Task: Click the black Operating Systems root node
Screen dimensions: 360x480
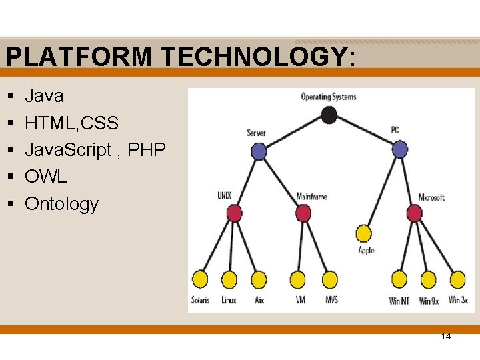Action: coord(329,115)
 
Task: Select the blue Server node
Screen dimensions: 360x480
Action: coord(259,151)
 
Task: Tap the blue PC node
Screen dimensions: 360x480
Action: coord(399,149)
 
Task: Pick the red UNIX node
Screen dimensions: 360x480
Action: coord(234,213)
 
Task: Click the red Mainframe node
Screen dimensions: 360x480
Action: coord(303,213)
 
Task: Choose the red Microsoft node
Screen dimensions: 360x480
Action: coord(414,213)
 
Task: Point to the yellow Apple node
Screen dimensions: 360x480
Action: coord(364,233)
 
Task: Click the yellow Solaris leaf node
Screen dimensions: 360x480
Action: coord(200,279)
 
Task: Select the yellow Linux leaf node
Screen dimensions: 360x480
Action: coord(229,279)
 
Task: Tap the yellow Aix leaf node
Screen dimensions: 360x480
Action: coord(259,279)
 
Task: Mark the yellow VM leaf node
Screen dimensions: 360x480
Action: coord(298,279)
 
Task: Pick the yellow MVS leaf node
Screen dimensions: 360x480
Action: coord(330,279)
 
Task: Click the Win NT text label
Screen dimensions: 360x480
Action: coord(399,301)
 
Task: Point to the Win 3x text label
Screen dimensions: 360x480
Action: coord(458,300)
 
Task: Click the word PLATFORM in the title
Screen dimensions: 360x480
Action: coord(79,57)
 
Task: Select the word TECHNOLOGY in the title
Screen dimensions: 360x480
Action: coord(253,57)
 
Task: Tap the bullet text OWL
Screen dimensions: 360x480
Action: coord(46,177)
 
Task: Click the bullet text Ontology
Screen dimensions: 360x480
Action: coord(61,204)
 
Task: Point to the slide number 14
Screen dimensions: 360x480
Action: coord(446,337)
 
